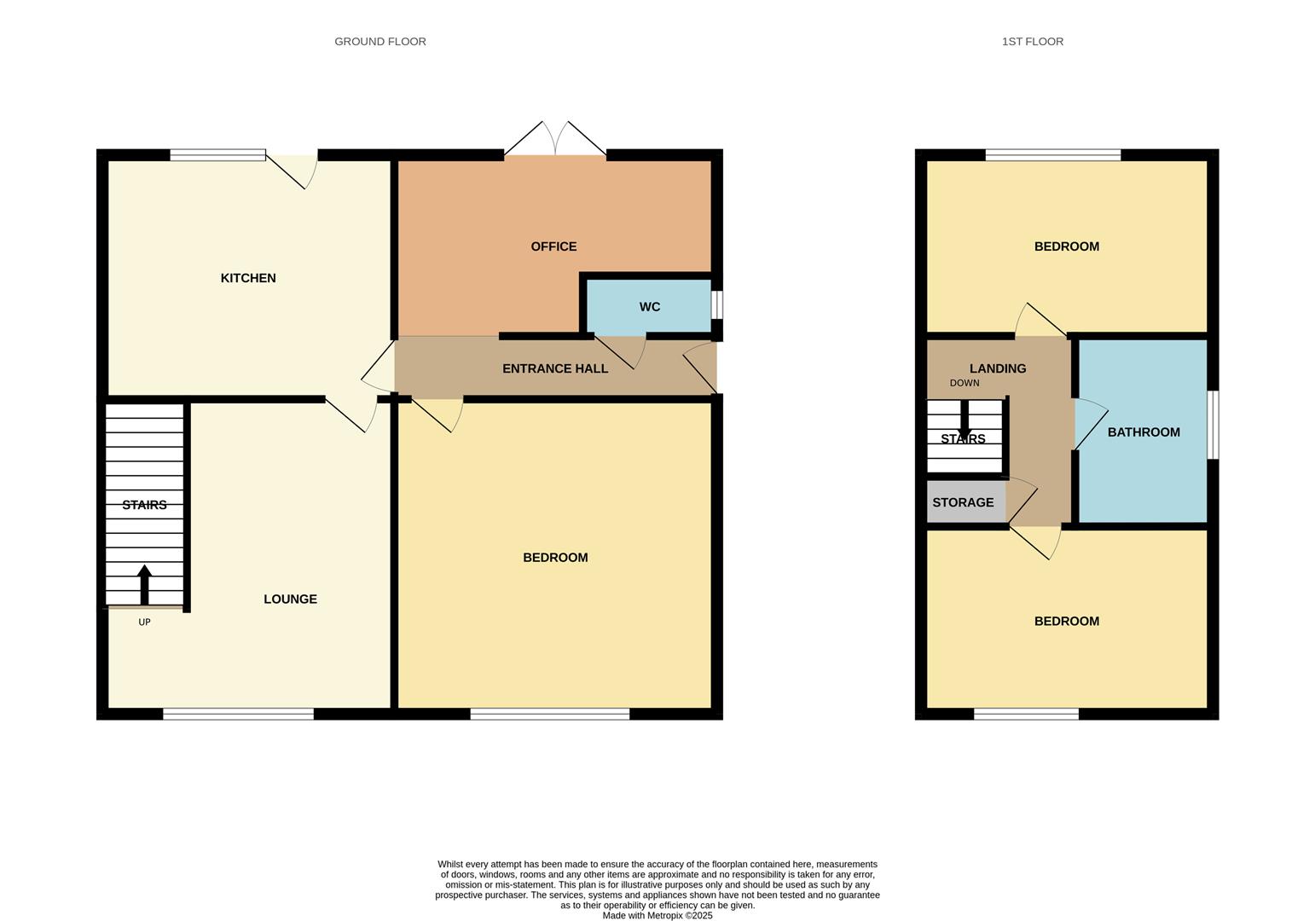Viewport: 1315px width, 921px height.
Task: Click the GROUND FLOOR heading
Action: tap(379, 41)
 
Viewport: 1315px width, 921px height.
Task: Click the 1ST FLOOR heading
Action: tap(1032, 41)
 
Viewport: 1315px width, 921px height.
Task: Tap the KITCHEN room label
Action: tap(248, 278)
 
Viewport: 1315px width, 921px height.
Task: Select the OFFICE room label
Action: tap(553, 246)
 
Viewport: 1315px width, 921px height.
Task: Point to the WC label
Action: tap(649, 307)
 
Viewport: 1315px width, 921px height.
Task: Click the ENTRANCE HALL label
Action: tap(555, 368)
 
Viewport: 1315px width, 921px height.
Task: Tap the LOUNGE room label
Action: tap(290, 599)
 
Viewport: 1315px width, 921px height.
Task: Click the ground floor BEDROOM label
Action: tap(555, 558)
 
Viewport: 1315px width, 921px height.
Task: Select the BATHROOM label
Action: tap(1143, 432)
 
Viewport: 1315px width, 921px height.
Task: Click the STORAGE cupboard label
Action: tap(963, 502)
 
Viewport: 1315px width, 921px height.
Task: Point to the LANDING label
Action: tap(997, 368)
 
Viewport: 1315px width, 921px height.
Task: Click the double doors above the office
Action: tap(555, 141)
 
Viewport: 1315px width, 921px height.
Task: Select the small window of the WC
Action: tap(717, 305)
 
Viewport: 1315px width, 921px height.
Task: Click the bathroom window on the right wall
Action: tap(1214, 425)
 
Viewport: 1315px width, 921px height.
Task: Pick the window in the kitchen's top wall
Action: tap(217, 155)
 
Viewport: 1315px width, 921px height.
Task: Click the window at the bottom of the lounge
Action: tap(238, 714)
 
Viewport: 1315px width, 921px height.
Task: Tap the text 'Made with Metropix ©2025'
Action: tap(657, 916)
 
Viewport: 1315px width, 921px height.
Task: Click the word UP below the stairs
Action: tap(144, 623)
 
